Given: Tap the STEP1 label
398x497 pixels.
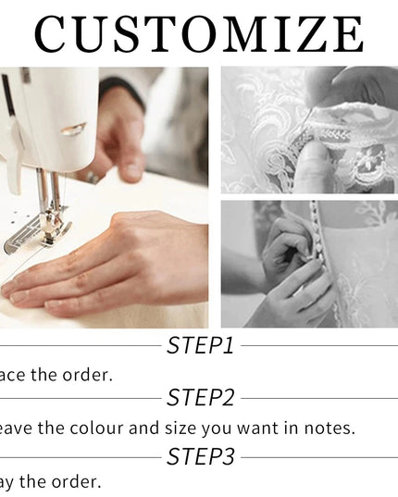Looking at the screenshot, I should (200, 346).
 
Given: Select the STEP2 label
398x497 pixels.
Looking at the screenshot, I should (200, 398).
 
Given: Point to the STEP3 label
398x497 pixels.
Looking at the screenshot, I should (200, 456).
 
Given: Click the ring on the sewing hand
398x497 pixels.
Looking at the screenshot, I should (93, 176).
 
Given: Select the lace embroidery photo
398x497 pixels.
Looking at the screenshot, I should (309, 129).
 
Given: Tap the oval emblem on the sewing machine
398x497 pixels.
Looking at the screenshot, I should (74, 129).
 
